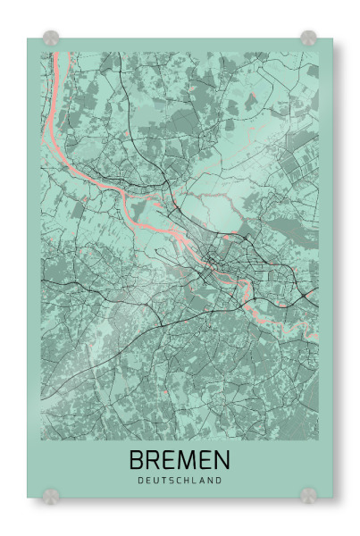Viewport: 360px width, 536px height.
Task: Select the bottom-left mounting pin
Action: (51, 493)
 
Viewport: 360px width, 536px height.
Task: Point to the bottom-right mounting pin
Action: (308, 493)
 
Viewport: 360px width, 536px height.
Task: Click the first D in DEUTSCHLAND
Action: (141, 481)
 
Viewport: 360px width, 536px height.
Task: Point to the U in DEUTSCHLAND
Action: (156, 481)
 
